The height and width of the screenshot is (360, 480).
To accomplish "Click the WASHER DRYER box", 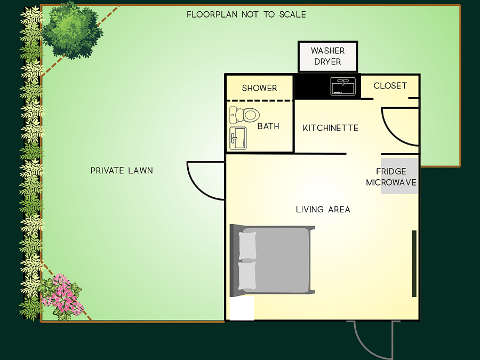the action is click(x=327, y=57).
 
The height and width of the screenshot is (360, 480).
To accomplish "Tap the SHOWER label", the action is click(x=259, y=88).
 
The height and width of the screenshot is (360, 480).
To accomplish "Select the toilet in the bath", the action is click(x=244, y=115).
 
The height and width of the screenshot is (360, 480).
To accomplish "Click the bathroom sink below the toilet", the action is click(x=238, y=138).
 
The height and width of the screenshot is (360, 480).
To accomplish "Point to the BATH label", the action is click(x=268, y=126).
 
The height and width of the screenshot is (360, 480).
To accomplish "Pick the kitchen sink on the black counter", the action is click(x=343, y=86).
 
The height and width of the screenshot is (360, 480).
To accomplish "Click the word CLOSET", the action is click(x=390, y=86).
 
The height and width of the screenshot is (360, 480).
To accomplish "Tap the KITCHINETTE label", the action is click(x=330, y=128).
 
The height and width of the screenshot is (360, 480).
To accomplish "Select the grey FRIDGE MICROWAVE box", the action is click(x=399, y=176).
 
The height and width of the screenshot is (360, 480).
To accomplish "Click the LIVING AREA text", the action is click(x=323, y=210).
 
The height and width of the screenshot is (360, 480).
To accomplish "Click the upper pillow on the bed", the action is click(x=247, y=246).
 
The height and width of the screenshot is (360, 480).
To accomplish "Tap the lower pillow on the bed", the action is click(x=247, y=276).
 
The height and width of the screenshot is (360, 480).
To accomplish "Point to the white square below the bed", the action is click(x=242, y=308).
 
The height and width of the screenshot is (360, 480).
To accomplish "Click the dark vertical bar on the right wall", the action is click(x=414, y=263).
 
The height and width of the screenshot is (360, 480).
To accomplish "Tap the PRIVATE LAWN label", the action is click(x=122, y=171).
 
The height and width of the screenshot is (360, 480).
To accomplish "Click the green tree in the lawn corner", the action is click(x=71, y=30).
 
